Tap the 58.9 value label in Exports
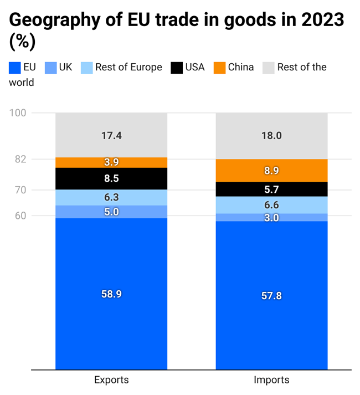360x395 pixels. (111, 294)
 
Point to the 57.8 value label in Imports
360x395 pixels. (271, 296)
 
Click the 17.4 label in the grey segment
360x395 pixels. (111, 135)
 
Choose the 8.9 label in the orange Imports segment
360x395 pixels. (271, 171)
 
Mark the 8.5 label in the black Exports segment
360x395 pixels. (111, 178)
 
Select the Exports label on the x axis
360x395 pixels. (111, 380)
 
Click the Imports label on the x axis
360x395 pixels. (271, 380)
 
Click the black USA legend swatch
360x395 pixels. (177, 68)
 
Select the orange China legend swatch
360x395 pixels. (219, 68)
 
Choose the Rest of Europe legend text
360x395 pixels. (128, 67)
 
